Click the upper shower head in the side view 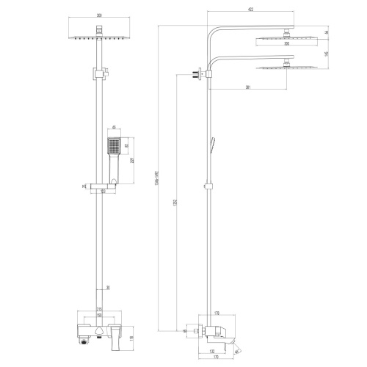coord(282,35)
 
